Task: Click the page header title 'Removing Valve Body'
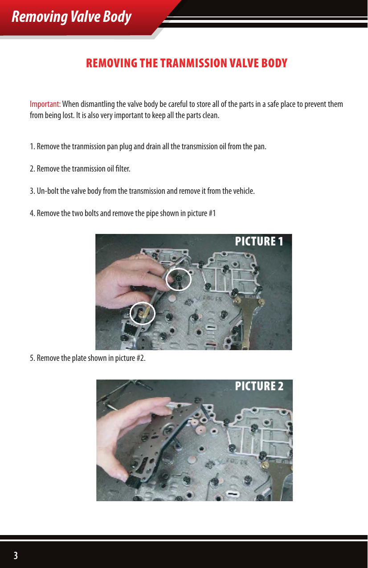click(x=71, y=17)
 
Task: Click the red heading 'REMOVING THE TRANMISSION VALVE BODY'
click(x=187, y=63)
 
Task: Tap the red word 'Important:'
click(x=45, y=104)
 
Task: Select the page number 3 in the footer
click(x=16, y=556)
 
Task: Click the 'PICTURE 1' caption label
click(x=259, y=241)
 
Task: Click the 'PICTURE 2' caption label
click(x=259, y=386)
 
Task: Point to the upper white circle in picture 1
click(x=179, y=279)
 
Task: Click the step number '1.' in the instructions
click(x=32, y=147)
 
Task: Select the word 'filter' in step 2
click(x=123, y=169)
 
